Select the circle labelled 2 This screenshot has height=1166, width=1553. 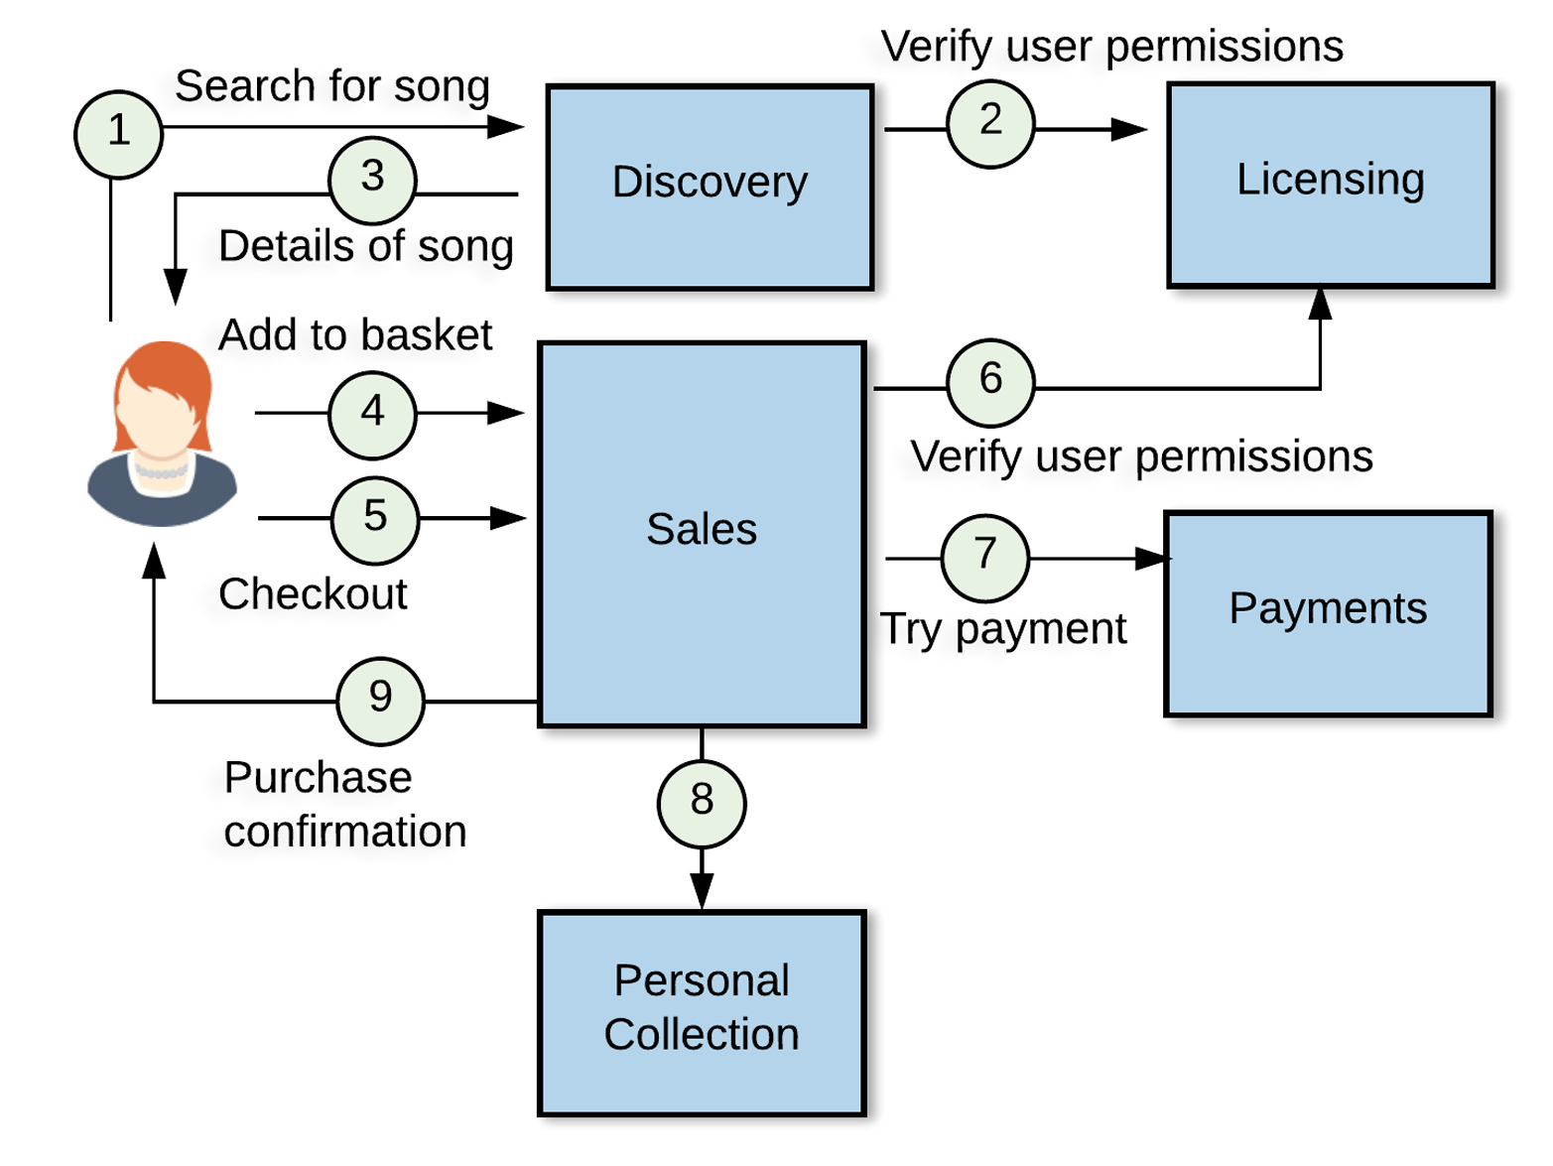pyautogui.click(x=990, y=124)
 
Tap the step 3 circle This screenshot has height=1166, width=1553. pyautogui.click(x=372, y=180)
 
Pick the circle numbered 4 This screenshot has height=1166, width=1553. pyautogui.click(x=372, y=415)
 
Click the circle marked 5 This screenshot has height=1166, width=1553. pyautogui.click(x=374, y=520)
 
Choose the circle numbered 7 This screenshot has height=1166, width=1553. pyautogui.click(x=984, y=557)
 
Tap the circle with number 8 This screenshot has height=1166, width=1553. pyautogui.click(x=702, y=803)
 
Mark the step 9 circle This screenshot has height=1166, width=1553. pyautogui.click(x=380, y=700)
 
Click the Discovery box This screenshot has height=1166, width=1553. pyautogui.click(x=710, y=188)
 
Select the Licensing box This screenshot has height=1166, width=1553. pyautogui.click(x=1330, y=186)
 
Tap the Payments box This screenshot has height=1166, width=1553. pyautogui.click(x=1328, y=613)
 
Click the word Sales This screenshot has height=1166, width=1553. pyautogui.click(x=702, y=529)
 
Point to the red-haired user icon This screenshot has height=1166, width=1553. pyautogui.click(x=162, y=435)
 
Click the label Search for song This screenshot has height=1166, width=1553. pyautogui.click(x=332, y=86)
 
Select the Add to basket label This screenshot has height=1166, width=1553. pyautogui.click(x=355, y=335)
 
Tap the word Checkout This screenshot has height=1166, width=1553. pyautogui.click(x=313, y=594)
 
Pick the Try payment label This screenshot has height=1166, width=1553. pyautogui.click(x=1002, y=629)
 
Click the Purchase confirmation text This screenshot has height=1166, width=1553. pyautogui.click(x=344, y=805)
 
